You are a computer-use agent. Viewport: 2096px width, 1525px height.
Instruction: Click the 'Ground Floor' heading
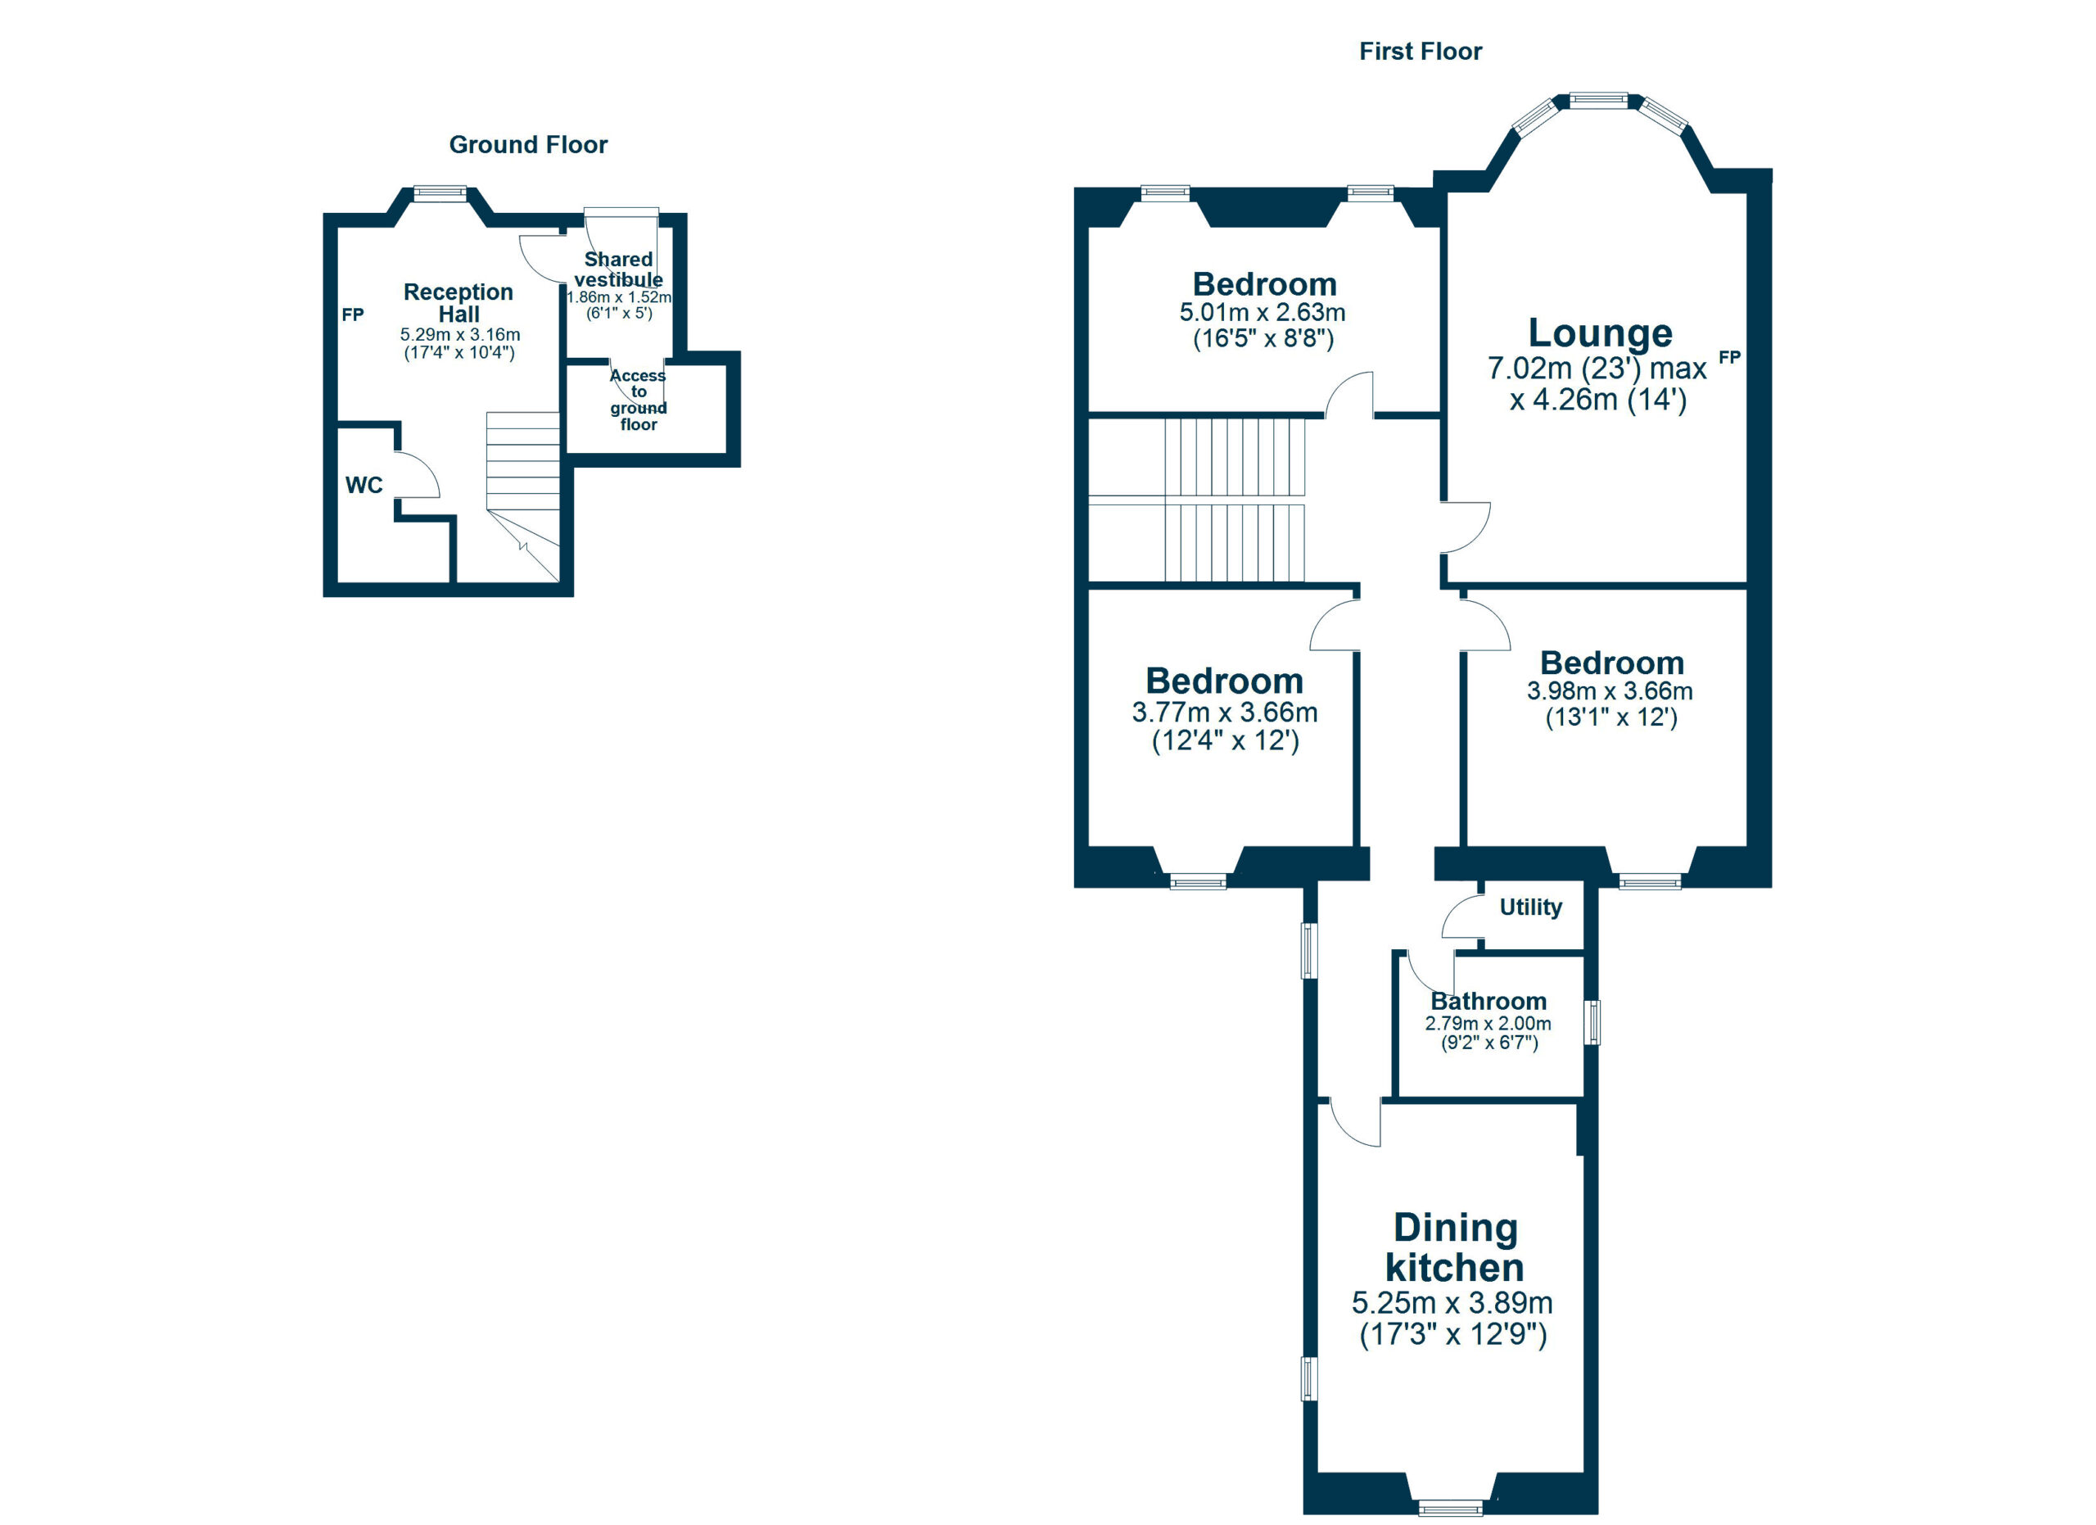pyautogui.click(x=528, y=144)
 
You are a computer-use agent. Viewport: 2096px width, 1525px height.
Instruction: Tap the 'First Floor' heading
pyautogui.click(x=1420, y=51)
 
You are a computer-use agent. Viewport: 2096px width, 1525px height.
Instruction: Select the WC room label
pyautogui.click(x=364, y=485)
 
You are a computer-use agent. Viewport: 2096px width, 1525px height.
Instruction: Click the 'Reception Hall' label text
pyautogui.click(x=458, y=303)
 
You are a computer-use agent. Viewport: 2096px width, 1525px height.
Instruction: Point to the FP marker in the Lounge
pyautogui.click(x=1729, y=357)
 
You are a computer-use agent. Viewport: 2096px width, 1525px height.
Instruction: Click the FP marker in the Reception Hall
pyautogui.click(x=352, y=315)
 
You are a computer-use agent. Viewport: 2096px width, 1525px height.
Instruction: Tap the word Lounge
pyautogui.click(x=1600, y=333)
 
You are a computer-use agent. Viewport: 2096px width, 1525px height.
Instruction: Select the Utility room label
pyautogui.click(x=1530, y=907)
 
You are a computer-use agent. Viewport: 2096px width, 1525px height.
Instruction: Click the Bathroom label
pyautogui.click(x=1488, y=1001)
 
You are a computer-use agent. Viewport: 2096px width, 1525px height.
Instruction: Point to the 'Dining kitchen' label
pyautogui.click(x=1455, y=1247)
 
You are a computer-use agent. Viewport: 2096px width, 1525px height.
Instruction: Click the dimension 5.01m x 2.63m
pyautogui.click(x=1263, y=312)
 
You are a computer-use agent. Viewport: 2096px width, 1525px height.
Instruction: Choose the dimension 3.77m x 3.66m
pyautogui.click(x=1225, y=713)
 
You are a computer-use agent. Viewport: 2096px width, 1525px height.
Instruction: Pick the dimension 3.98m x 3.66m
pyautogui.click(x=1610, y=691)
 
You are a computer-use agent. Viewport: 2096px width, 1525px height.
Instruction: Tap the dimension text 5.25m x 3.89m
pyautogui.click(x=1452, y=1303)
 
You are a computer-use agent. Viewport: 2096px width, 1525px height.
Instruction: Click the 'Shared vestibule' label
pyautogui.click(x=618, y=269)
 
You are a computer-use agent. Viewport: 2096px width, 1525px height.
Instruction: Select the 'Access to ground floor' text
pyautogui.click(x=638, y=400)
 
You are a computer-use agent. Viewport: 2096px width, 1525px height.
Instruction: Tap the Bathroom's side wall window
pyautogui.click(x=1592, y=1022)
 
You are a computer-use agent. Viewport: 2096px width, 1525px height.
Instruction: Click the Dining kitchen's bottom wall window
pyautogui.click(x=1450, y=1510)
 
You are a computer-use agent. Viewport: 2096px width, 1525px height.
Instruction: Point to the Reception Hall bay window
pyautogui.click(x=439, y=193)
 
